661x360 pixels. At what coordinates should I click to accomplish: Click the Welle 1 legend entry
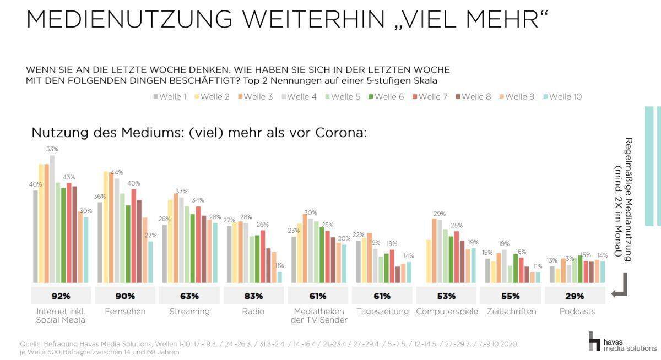coord(171,97)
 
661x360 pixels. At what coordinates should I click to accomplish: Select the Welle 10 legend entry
coord(562,97)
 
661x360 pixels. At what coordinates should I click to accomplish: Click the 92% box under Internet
coord(61,296)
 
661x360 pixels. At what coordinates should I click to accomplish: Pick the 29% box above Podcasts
coord(574,296)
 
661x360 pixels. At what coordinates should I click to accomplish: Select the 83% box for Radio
coord(253,296)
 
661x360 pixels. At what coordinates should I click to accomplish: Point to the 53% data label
coord(52,149)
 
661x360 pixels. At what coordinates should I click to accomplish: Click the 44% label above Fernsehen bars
coord(116,172)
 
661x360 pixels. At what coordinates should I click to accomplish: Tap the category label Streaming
coord(189,312)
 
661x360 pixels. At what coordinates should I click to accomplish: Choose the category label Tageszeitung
coord(382,312)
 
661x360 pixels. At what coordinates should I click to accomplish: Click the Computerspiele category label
coord(446,312)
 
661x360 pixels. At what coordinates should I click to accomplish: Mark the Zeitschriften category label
coord(511,312)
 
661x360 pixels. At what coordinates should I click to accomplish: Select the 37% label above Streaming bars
coord(181,191)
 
